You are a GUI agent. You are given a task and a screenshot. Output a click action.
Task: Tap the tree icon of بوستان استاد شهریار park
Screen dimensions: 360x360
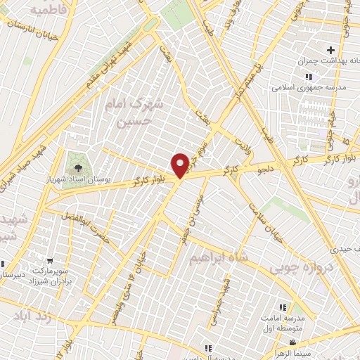coord(76,167)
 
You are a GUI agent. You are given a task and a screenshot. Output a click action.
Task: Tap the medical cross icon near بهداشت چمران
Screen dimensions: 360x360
coord(330,51)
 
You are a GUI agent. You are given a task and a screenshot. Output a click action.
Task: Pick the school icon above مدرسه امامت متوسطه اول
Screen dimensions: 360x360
coord(282,307)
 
